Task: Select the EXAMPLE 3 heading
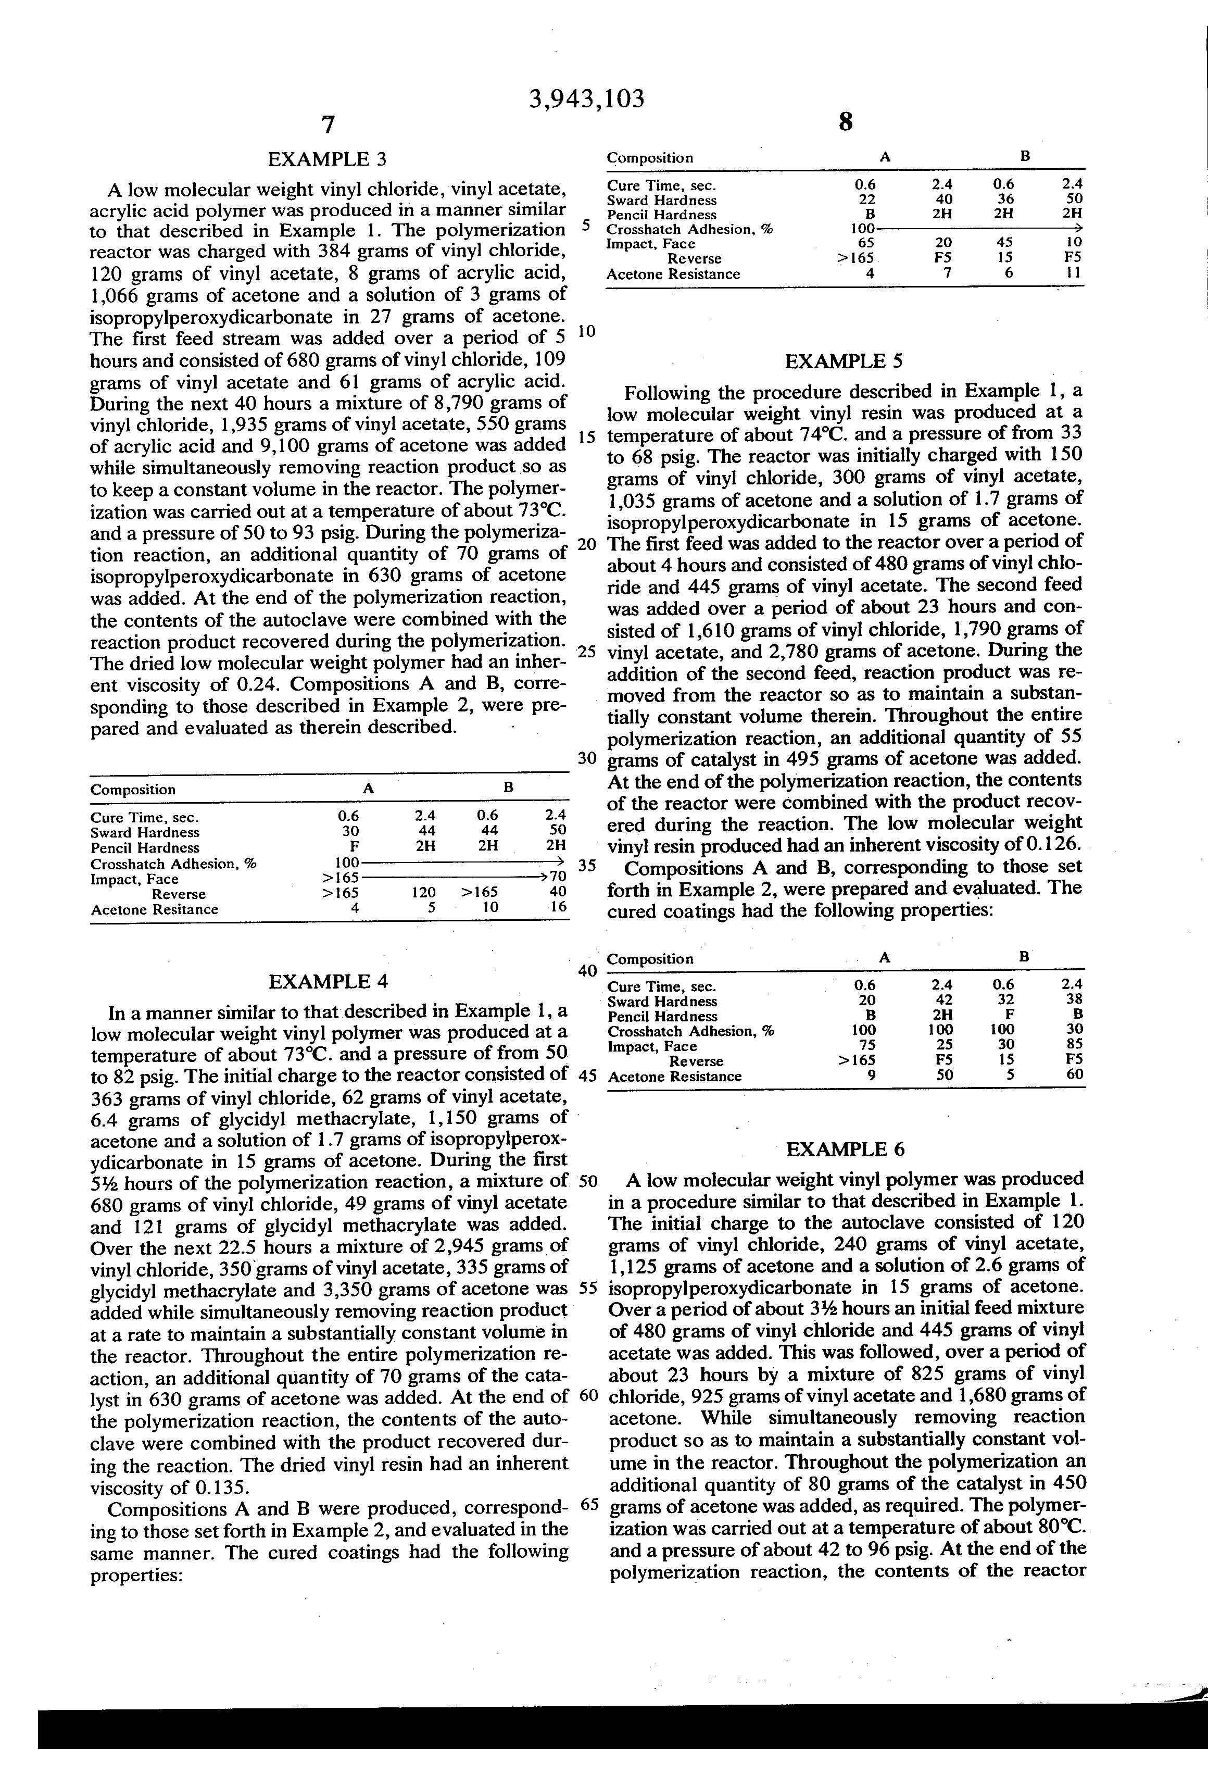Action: (327, 159)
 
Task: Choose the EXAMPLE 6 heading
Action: (845, 1149)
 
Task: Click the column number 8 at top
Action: (845, 122)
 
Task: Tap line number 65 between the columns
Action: (589, 1504)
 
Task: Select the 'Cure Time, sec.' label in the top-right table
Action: (661, 185)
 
